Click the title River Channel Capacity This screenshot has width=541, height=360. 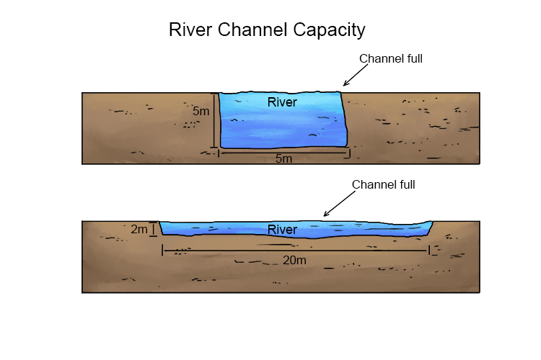(267, 30)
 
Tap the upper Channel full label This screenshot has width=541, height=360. (390, 59)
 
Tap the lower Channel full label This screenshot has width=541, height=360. (383, 185)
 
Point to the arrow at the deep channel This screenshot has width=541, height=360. (355, 76)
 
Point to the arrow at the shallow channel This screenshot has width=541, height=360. (336, 206)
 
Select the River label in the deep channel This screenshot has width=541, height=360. (282, 102)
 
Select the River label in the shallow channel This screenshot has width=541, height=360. (282, 230)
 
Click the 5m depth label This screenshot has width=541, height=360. (201, 112)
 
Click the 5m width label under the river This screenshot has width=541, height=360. (283, 159)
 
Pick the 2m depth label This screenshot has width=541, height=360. (139, 230)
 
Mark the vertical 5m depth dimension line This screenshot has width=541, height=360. (215, 121)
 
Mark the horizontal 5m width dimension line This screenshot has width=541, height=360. (283, 152)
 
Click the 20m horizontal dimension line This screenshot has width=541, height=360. (296, 251)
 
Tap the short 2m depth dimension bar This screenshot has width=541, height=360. (154, 230)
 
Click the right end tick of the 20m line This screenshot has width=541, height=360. (429, 250)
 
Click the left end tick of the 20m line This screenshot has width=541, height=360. (163, 250)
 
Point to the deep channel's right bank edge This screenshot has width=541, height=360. (345, 119)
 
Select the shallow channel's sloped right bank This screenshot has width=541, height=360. (431, 228)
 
